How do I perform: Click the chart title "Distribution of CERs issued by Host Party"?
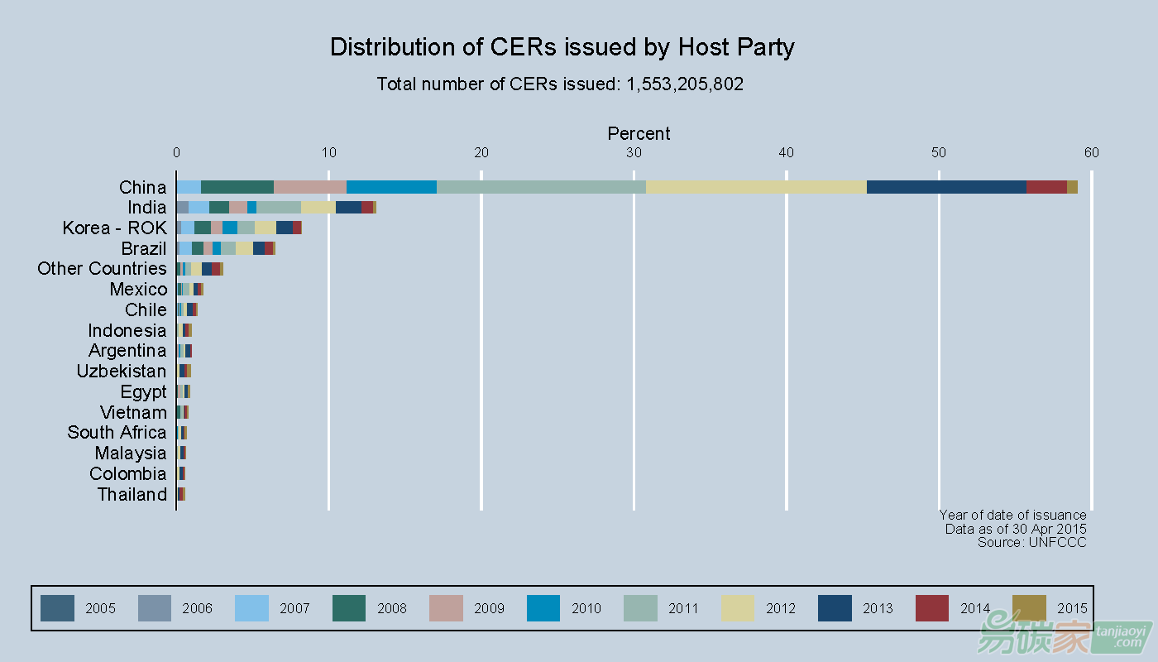(x=562, y=47)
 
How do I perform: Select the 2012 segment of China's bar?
(x=756, y=187)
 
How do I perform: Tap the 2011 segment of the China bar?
(x=541, y=187)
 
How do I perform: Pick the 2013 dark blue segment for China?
(x=946, y=187)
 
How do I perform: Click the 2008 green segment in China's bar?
(x=237, y=187)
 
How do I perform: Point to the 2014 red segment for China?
(x=1046, y=187)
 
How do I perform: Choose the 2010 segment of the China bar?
(x=391, y=187)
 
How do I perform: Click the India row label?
(x=146, y=208)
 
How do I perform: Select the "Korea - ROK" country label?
(x=114, y=228)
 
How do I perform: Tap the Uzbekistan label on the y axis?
(x=121, y=372)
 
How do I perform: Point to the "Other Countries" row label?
(x=102, y=269)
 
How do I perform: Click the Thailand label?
(x=132, y=495)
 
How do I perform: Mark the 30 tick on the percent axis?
(x=634, y=152)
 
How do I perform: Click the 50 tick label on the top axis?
(x=939, y=152)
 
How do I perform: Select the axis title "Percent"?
(x=639, y=133)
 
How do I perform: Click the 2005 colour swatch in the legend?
(x=57, y=608)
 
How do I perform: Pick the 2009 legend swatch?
(x=447, y=608)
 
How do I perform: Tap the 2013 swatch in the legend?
(x=835, y=608)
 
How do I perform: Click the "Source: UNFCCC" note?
(x=1031, y=542)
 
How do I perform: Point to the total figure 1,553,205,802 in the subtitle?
(x=685, y=84)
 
